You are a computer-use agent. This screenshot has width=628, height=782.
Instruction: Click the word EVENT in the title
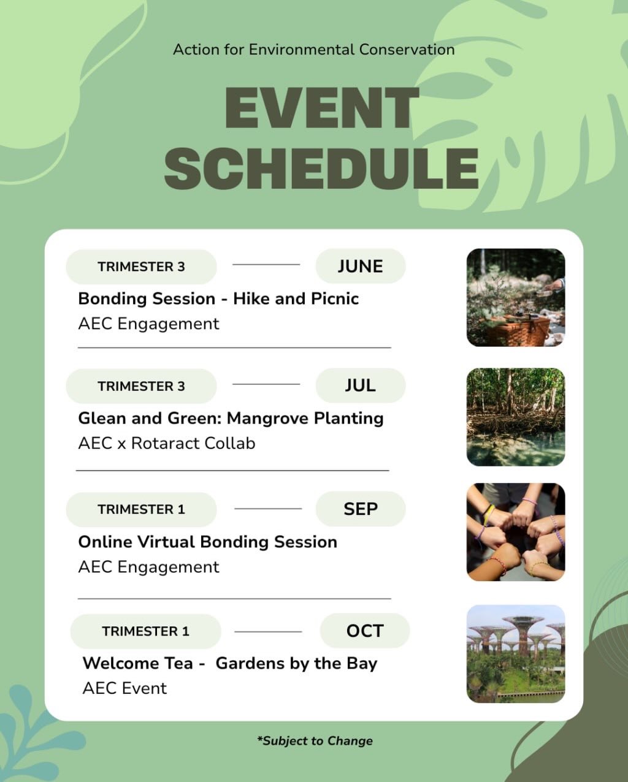322,108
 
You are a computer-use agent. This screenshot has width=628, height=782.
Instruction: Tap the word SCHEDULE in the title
321,169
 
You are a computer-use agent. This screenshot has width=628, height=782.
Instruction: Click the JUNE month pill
361,266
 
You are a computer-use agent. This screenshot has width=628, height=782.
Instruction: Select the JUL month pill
361,385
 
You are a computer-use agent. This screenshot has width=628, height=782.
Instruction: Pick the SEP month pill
361,509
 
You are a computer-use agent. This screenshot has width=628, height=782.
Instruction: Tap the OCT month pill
365,631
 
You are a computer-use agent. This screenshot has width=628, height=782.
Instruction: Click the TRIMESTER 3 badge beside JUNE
142,267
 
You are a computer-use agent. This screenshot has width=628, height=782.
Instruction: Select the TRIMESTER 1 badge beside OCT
145,631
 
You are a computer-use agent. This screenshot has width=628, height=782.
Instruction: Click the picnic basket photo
516,298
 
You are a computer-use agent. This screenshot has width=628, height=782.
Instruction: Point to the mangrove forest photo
516,417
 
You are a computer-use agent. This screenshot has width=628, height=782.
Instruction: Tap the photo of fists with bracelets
516,532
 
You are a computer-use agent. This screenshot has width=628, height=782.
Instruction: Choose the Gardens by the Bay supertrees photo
516,654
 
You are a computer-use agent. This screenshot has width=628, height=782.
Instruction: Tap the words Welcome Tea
137,663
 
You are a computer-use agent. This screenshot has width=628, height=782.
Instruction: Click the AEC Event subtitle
124,688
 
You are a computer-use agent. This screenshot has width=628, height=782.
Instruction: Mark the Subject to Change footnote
315,741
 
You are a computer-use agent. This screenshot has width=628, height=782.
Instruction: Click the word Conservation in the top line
407,50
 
